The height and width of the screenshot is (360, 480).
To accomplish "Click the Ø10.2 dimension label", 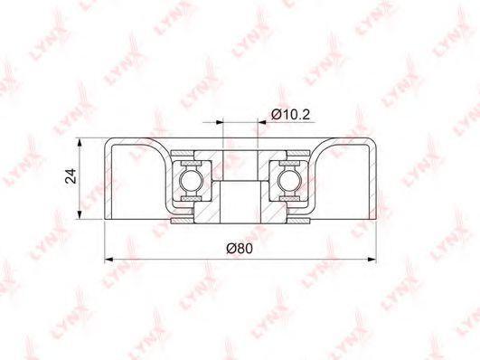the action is pyautogui.click(x=290, y=115).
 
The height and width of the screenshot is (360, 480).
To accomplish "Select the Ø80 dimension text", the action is pyautogui.click(x=240, y=248).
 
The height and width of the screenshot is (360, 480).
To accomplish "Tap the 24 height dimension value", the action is pyautogui.click(x=71, y=175).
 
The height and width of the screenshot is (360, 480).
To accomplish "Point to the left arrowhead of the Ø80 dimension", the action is pyautogui.click(x=109, y=260).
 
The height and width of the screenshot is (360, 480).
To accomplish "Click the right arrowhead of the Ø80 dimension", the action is pyautogui.click(x=372, y=260).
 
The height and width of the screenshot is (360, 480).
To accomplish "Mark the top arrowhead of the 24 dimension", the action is pyautogui.click(x=80, y=143).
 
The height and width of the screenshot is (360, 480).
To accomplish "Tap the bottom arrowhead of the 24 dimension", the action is pyautogui.click(x=80, y=214).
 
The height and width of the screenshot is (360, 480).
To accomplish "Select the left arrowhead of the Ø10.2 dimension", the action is pyautogui.click(x=220, y=122).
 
